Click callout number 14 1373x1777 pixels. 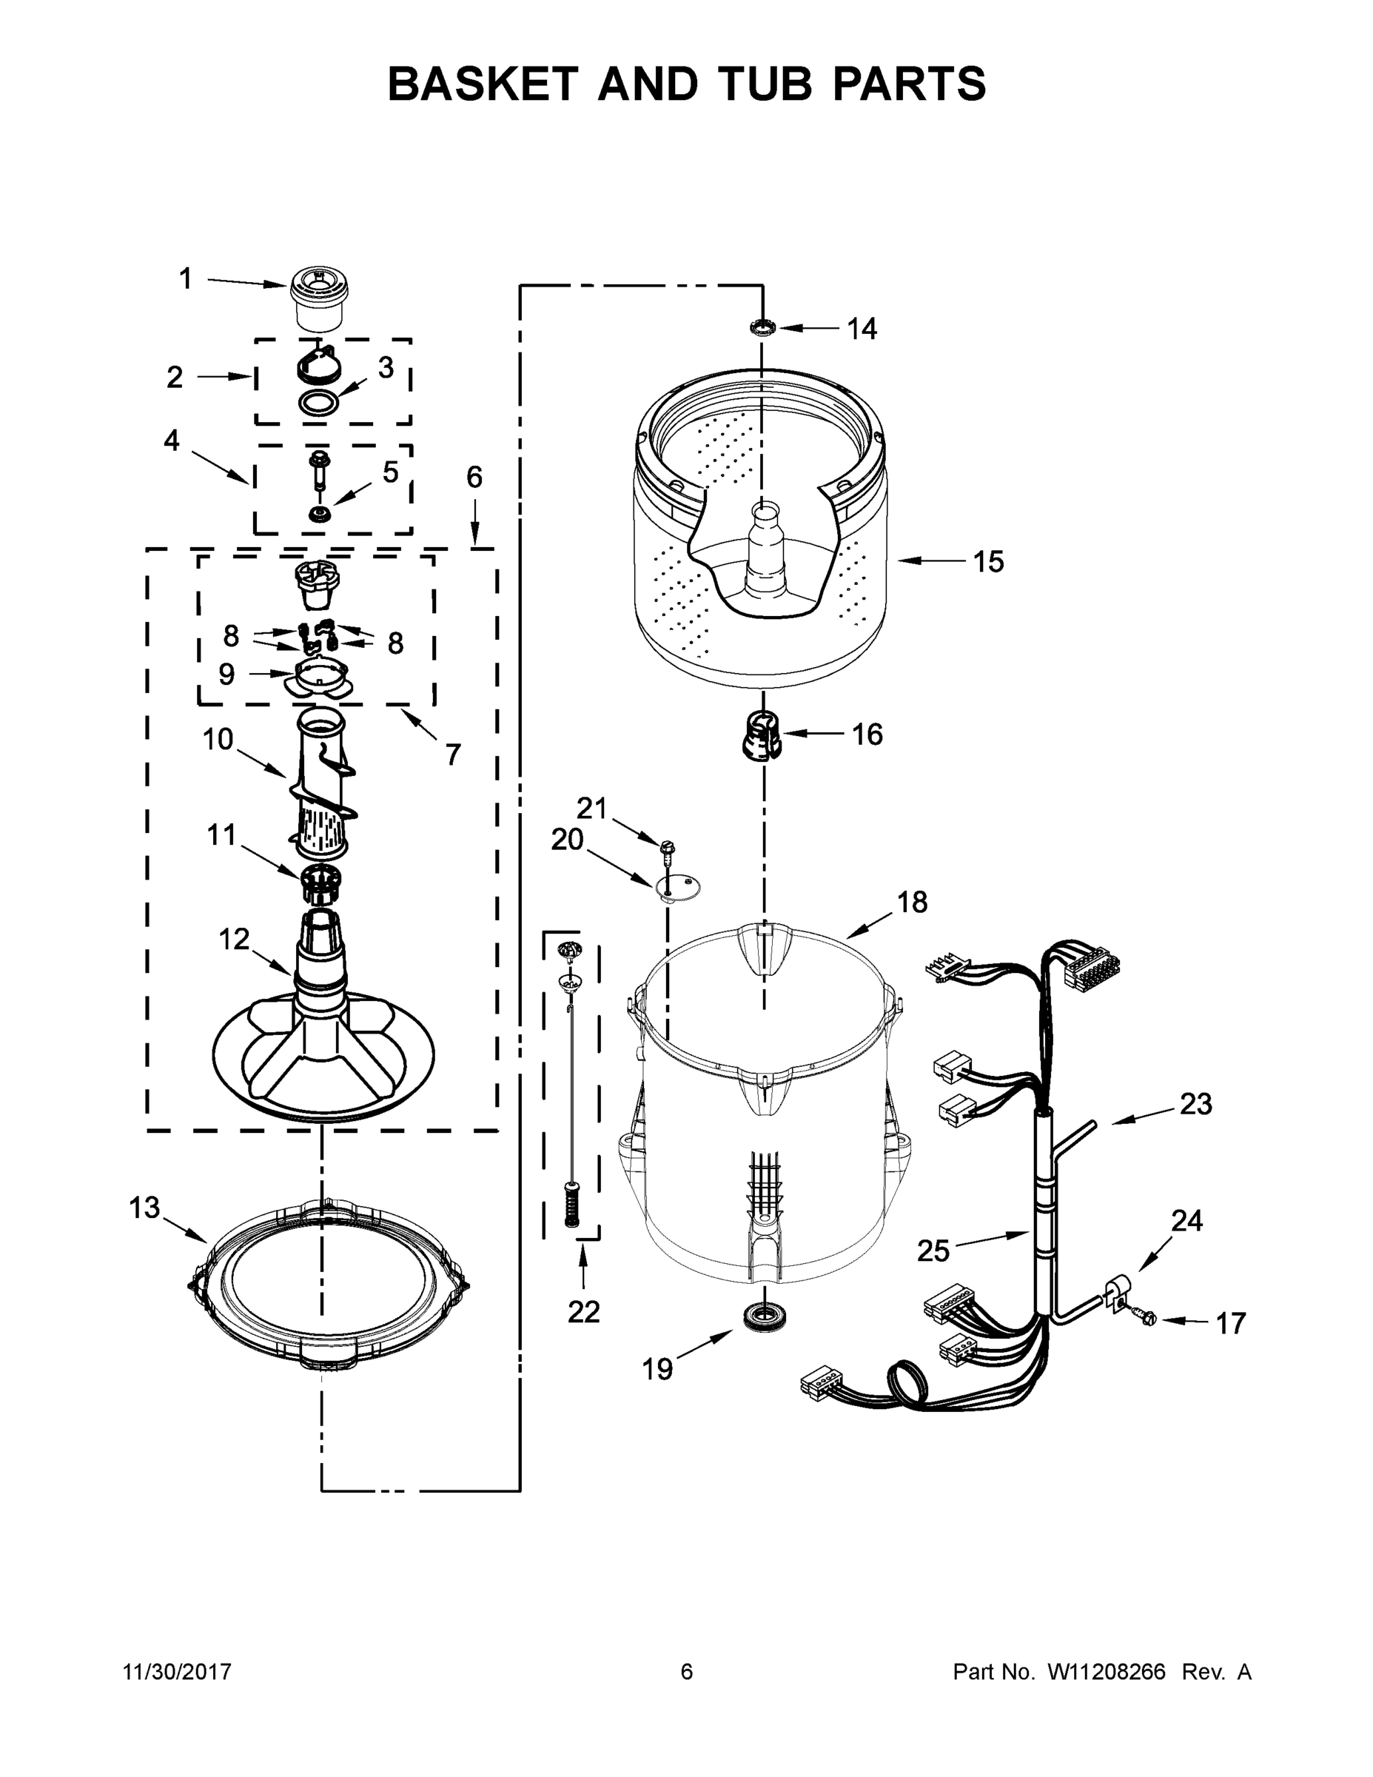[862, 329]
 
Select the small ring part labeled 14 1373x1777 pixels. [763, 328]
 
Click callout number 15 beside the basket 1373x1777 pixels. [988, 561]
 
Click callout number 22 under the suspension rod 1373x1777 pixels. [583, 1311]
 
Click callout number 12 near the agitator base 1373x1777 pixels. [233, 939]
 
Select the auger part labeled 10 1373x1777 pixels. [323, 781]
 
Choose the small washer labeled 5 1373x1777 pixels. [318, 515]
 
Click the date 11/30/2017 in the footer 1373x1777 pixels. [178, 1671]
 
